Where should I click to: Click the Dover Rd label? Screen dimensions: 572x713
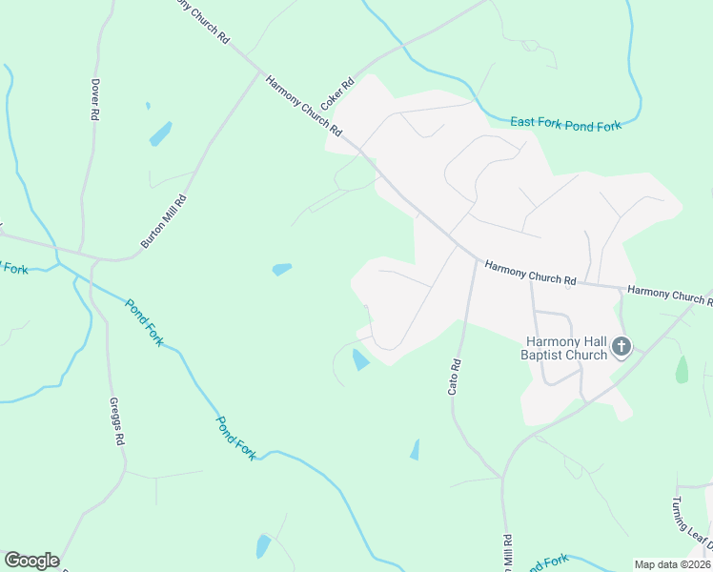95,98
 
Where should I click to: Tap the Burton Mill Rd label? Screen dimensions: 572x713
163,221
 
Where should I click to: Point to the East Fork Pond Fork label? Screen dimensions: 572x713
565,124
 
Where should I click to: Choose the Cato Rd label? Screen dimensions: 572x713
455,377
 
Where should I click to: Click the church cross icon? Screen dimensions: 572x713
621,347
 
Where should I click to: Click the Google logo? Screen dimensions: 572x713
31,561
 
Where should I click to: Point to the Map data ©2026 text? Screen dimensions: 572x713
673,564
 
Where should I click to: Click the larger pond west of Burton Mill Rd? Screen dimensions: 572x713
160,133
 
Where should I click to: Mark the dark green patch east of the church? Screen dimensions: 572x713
682,369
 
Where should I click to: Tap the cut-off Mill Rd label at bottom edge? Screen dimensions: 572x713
507,554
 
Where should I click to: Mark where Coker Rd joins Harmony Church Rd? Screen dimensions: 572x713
356,145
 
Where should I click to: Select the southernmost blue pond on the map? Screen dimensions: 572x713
263,546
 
